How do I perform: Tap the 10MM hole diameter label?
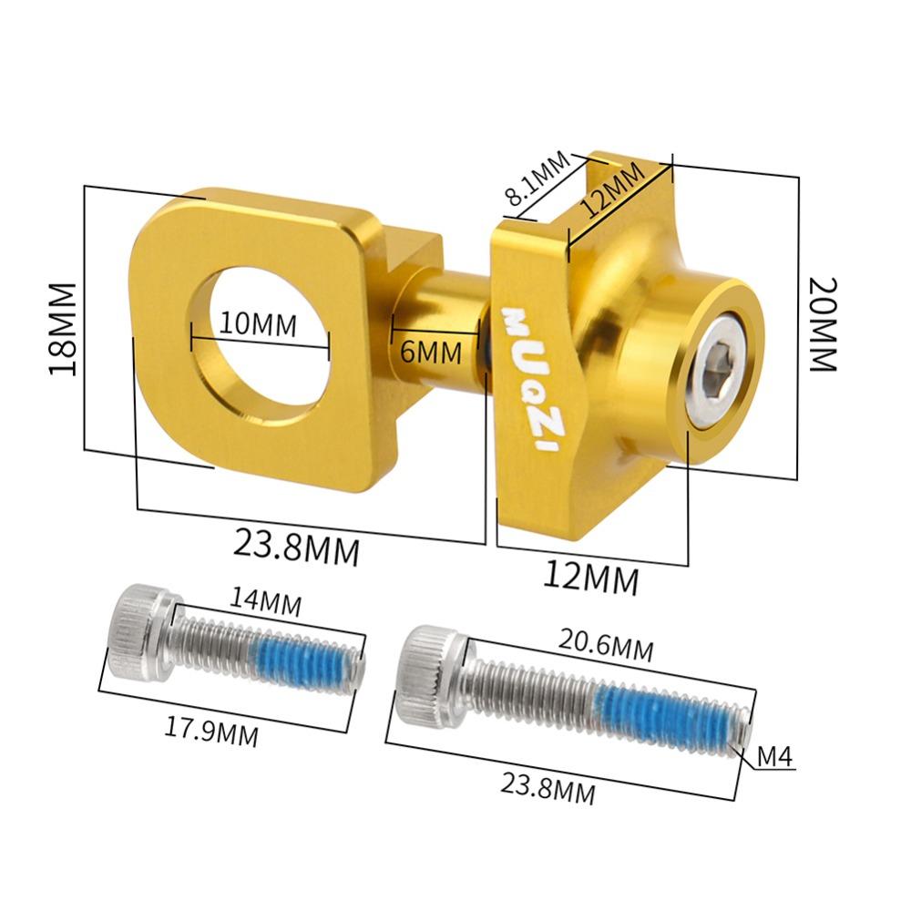tap(258, 323)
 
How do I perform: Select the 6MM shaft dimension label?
tap(432, 351)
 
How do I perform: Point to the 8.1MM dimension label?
tap(537, 179)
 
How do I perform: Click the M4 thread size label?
tap(776, 755)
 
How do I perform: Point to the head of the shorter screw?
tap(138, 632)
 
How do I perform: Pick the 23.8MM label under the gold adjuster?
tap(297, 548)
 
